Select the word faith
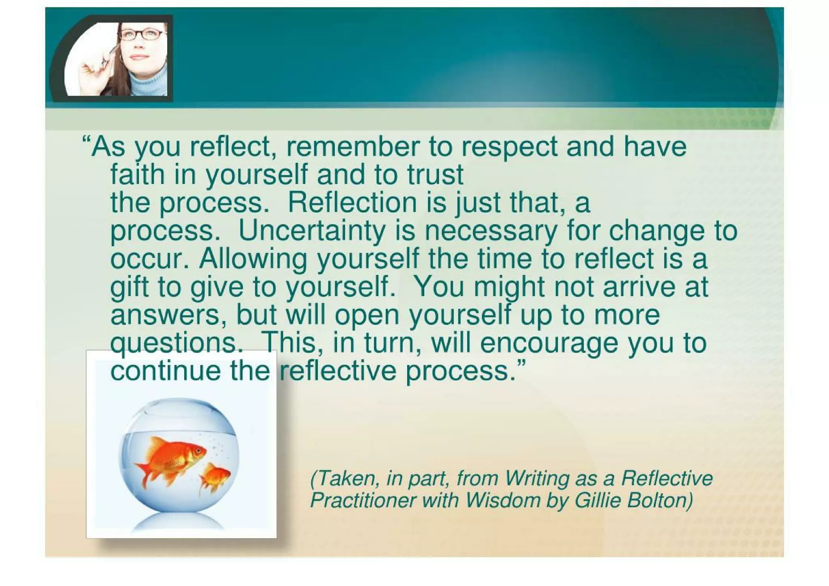pos(138,175)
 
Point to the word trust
pos(435,175)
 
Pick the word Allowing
pos(253,259)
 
